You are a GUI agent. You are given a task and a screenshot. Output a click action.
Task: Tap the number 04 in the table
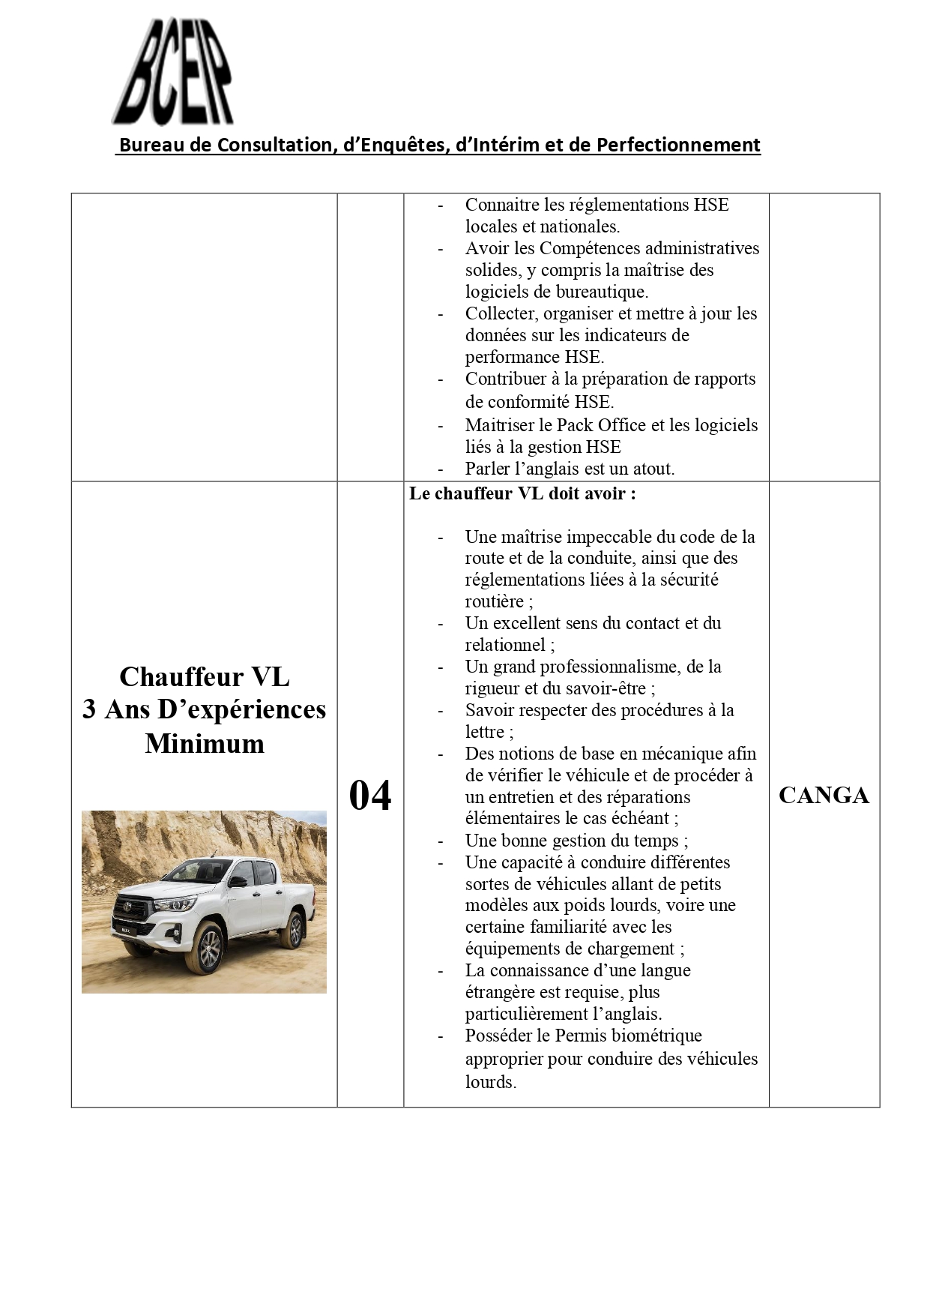point(370,796)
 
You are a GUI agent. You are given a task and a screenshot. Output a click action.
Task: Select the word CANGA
point(824,796)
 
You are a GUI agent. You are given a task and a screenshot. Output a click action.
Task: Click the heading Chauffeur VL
point(204,676)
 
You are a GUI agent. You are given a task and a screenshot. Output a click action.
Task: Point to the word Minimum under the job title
point(204,744)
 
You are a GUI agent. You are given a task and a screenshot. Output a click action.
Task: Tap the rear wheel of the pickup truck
point(295,931)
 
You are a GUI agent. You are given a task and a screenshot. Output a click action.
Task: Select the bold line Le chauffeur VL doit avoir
point(522,494)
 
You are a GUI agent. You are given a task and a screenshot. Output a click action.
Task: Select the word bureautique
point(603,292)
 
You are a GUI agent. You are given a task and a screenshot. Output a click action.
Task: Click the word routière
point(495,601)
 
